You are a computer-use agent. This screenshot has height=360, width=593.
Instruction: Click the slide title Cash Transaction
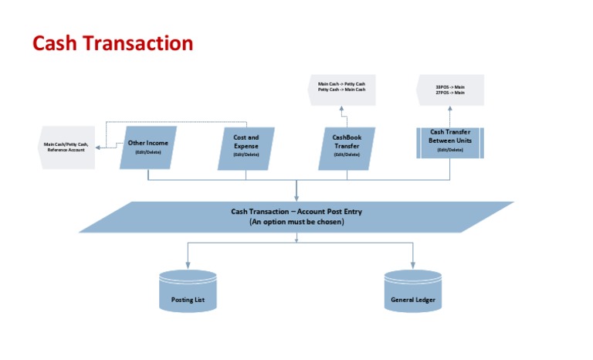coord(113,43)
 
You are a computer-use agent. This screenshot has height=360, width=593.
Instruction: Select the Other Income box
coord(148,148)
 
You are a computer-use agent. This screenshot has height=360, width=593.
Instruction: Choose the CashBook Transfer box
coord(347,148)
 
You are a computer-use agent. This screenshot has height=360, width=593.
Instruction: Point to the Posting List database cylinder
coord(187,291)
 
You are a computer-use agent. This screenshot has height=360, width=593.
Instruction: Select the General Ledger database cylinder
coord(413,291)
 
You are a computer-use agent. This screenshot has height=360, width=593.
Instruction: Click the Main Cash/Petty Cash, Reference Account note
coord(67,148)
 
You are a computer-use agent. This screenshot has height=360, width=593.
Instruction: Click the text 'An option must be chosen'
coord(296,222)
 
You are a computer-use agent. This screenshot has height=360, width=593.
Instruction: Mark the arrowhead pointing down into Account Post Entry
coord(296,199)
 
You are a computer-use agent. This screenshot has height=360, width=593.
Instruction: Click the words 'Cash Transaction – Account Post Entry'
coord(296,212)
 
